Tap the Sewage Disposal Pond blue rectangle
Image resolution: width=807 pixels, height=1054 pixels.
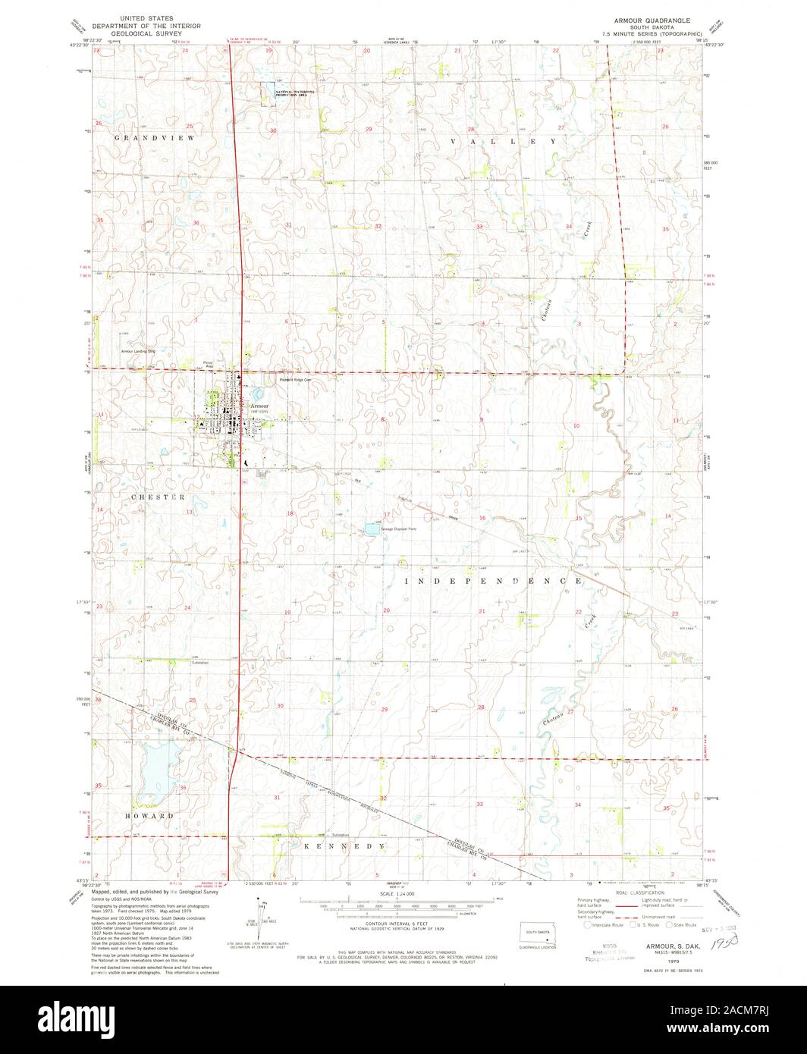372,529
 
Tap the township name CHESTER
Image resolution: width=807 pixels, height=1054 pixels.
158,497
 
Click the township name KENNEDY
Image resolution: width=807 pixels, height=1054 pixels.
345,845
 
